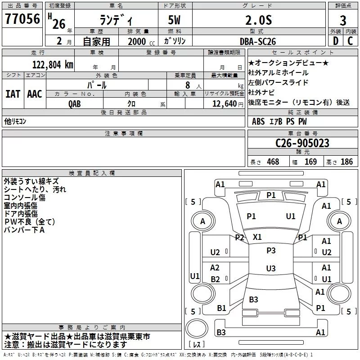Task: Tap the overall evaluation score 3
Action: coord(343,21)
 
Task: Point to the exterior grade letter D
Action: coord(335,40)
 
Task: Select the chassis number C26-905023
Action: coord(302,144)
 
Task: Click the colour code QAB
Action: coord(75,103)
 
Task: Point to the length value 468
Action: coord(272,162)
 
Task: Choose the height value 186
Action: coord(346,162)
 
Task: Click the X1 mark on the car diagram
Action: coord(257,237)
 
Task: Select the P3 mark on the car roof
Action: coord(271,250)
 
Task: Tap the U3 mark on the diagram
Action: coord(271,269)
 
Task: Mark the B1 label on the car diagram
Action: coord(221,308)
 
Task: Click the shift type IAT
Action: coord(13,94)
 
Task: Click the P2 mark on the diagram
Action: coord(239,238)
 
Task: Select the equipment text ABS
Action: coord(258,121)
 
